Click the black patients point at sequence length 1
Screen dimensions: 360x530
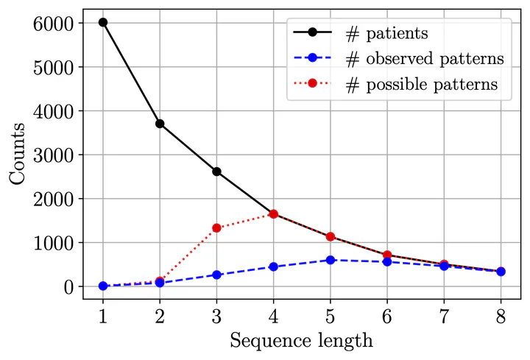point(103,22)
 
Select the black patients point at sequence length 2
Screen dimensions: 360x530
point(160,124)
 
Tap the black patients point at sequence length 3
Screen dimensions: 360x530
point(216,172)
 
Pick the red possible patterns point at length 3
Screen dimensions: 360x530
point(216,228)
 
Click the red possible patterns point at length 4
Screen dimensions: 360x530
point(273,214)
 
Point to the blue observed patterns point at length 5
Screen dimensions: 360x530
point(331,260)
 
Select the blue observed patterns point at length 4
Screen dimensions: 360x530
point(273,267)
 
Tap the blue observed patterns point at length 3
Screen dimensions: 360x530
point(216,275)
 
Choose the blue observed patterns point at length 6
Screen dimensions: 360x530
point(387,261)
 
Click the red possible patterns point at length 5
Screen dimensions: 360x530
point(331,237)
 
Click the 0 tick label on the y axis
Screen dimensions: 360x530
point(69,286)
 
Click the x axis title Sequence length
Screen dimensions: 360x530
point(302,340)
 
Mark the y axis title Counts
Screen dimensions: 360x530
point(18,154)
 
